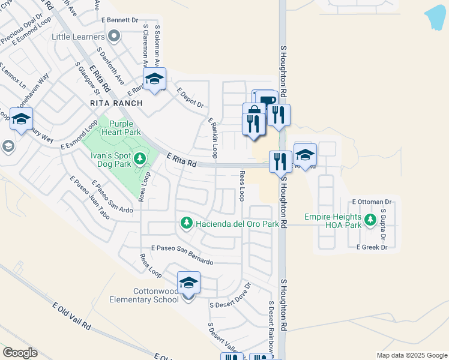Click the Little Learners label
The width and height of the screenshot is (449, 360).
[79, 37]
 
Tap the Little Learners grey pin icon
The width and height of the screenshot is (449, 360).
[114, 37]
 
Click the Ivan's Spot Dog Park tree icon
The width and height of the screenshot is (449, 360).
[140, 158]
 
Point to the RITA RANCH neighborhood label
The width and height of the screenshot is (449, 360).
[116, 103]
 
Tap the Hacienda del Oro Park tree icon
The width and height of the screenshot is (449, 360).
[186, 224]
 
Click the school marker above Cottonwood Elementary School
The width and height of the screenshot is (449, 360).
[188, 283]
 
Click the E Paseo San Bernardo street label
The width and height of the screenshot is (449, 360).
[182, 254]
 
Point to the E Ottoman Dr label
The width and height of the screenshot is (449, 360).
[372, 202]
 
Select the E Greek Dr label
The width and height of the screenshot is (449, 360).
[372, 247]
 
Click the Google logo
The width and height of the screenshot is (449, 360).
[19, 353]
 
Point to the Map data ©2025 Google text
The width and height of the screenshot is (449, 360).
[411, 355]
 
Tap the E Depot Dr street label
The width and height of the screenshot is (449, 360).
[191, 98]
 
